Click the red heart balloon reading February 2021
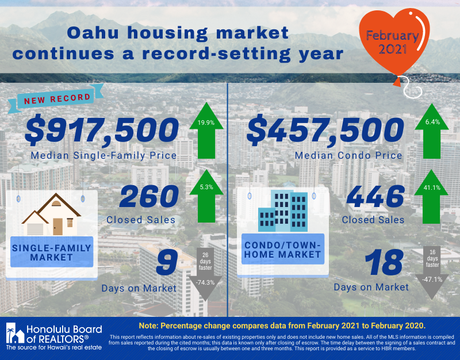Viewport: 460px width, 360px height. coord(394,44)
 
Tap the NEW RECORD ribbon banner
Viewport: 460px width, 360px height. coord(56,98)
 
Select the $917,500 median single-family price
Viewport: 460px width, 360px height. coord(102,131)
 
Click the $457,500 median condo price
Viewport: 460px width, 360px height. coord(325,131)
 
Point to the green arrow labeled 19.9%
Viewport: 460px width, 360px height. coord(206,131)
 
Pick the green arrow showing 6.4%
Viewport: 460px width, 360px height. coord(432,131)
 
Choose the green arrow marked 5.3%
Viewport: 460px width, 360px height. coord(206,196)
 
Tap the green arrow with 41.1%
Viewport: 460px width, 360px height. coord(431,197)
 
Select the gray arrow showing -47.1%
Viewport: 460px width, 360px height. coord(432,273)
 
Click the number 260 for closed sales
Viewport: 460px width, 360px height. coord(149,196)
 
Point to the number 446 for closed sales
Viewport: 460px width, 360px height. coord(375,196)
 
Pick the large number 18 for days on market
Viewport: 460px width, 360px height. coord(384,262)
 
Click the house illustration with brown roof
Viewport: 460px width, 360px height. coord(51,214)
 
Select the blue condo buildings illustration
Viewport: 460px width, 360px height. coord(283,211)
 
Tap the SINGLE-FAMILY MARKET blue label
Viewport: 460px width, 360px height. coord(52,252)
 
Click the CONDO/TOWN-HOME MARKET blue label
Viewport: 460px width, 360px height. coord(283,249)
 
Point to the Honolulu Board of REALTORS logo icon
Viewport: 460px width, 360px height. coord(15,333)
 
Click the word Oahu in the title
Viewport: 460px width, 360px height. coord(93,33)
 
